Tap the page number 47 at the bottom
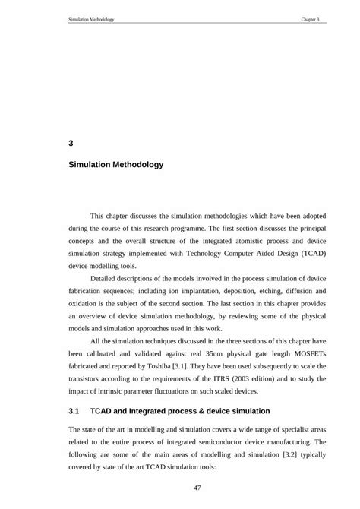(197, 487)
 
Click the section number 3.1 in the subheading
(74, 411)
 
